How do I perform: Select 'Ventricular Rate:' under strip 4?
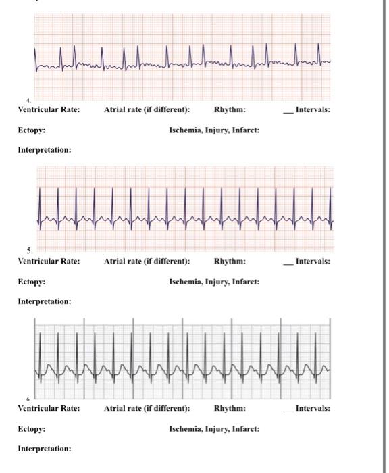click(49, 110)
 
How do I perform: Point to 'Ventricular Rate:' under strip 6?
click(49, 409)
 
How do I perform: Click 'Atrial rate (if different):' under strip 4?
click(147, 110)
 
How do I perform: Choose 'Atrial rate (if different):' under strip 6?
click(147, 409)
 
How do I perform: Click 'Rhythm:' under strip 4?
click(230, 110)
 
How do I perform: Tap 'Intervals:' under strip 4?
click(313, 110)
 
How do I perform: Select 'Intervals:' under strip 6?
click(313, 409)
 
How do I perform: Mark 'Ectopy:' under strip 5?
click(32, 282)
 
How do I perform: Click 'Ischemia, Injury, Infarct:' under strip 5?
click(214, 282)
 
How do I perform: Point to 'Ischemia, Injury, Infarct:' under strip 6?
click(214, 429)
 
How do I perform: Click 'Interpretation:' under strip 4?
click(44, 149)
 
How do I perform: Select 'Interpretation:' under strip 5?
click(44, 301)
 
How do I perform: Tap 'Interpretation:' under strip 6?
click(44, 449)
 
